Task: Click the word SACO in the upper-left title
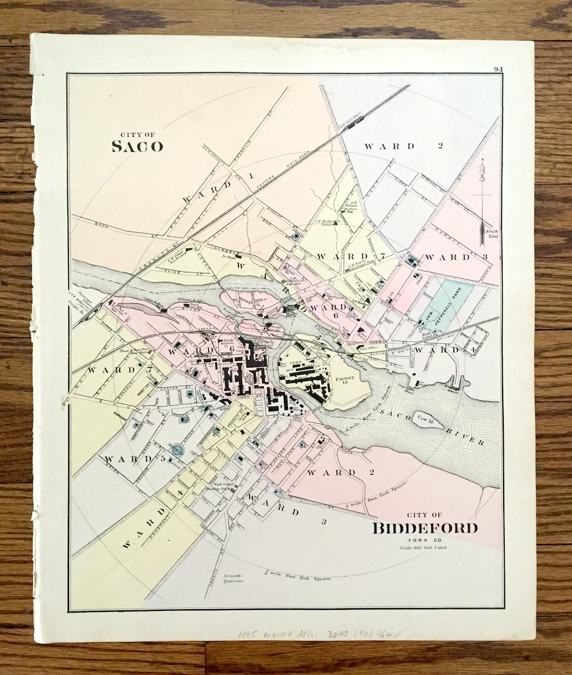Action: pos(137,146)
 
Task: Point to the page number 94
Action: pos(498,69)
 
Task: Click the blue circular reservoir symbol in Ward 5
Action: pos(178,450)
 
